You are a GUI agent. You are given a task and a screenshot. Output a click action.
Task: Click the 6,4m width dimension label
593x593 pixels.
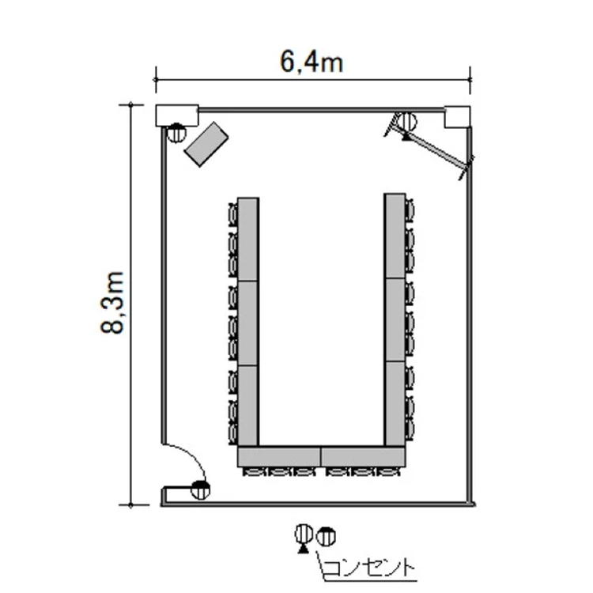coord(312,62)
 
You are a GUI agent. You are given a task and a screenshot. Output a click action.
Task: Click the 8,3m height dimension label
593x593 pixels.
coord(112,303)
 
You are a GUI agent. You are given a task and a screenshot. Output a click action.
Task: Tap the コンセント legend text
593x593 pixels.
coord(369,568)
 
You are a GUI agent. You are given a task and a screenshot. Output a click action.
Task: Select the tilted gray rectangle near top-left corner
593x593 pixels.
coord(206,144)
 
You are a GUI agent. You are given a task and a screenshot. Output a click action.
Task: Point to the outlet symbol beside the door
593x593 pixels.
coord(200,489)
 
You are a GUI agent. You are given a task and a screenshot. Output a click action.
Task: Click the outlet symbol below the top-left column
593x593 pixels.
coord(176,133)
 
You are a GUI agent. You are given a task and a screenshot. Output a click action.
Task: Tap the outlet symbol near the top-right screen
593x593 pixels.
coord(407,122)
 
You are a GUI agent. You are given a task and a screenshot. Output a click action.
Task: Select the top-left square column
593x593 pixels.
coord(177,115)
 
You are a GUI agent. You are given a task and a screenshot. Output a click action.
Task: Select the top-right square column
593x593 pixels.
coord(457,117)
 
